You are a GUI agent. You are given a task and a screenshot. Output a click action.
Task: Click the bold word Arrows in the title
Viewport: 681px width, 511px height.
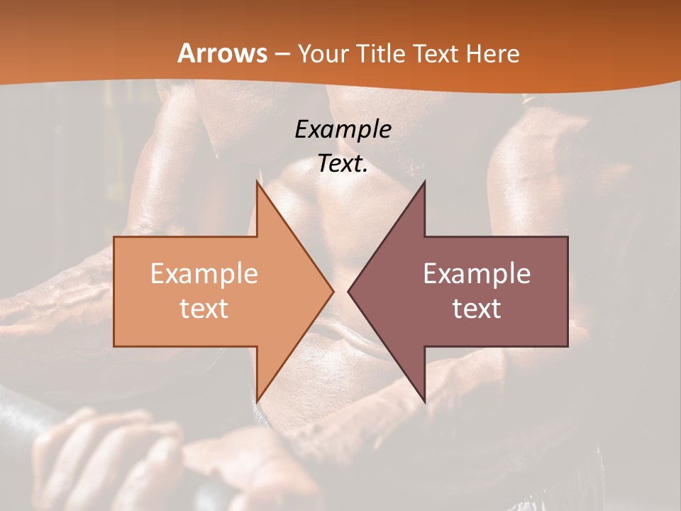tap(222, 53)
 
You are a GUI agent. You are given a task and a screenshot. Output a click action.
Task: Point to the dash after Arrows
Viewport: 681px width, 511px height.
tap(282, 55)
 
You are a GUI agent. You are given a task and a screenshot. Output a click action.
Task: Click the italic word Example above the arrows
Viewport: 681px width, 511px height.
tap(343, 129)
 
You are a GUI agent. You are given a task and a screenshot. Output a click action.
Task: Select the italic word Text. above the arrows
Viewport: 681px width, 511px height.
tap(343, 163)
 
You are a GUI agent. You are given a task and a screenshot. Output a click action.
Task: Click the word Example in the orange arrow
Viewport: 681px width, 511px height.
tap(204, 273)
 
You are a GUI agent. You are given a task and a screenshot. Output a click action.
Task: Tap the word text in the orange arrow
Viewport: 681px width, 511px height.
tap(204, 308)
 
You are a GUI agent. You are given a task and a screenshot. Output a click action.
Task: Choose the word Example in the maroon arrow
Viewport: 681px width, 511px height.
tap(477, 273)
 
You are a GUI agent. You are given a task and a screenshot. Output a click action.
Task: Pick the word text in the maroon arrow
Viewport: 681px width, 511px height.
tap(477, 308)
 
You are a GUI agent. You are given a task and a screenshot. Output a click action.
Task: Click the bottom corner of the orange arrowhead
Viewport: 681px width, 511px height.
tap(258, 399)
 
